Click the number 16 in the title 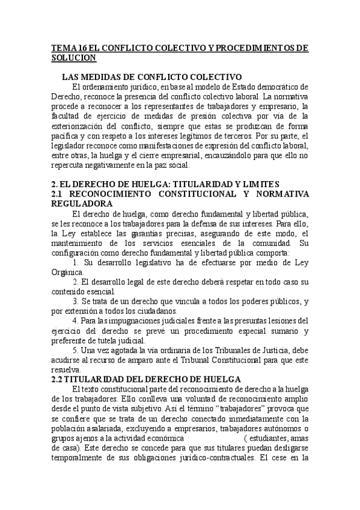click(x=76, y=48)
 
